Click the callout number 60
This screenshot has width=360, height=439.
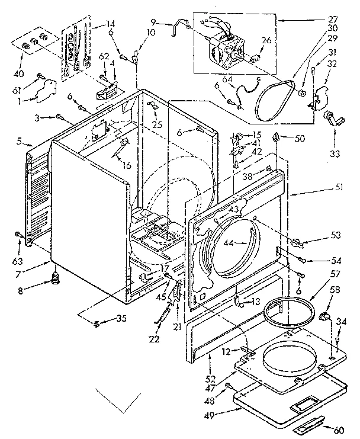[337, 430]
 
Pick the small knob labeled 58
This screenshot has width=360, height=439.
[324, 319]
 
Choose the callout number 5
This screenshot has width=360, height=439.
[20, 141]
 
